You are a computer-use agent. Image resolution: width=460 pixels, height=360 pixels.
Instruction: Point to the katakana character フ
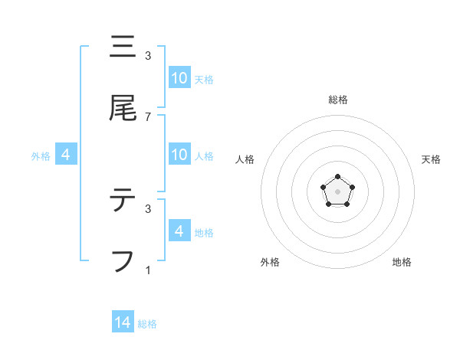123,261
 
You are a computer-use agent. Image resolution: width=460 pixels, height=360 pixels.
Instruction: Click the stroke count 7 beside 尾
148,117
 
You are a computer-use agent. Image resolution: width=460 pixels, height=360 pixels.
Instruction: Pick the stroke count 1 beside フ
148,270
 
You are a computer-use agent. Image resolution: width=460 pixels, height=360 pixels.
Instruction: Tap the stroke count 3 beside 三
148,55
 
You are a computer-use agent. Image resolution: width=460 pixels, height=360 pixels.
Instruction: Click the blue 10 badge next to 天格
179,78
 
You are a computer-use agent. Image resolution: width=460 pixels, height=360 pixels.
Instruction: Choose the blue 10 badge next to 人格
179,155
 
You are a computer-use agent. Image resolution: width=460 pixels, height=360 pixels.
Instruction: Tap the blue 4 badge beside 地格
179,231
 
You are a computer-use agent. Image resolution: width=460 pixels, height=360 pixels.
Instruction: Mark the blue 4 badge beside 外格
66,155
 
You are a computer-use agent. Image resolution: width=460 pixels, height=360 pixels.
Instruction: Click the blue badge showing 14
123,322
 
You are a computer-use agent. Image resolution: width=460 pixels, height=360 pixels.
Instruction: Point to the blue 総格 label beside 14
147,324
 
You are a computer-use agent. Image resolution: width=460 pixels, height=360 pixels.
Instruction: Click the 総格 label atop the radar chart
337,100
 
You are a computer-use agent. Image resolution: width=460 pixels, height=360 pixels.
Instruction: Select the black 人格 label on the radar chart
245,159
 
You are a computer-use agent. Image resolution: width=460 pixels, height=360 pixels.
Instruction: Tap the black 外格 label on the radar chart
270,262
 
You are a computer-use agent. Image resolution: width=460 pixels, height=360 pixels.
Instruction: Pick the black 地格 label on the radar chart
402,262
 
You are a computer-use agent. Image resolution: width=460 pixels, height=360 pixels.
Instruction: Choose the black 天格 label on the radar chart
431,159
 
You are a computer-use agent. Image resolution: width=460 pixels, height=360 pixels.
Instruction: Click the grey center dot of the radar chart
337,191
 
